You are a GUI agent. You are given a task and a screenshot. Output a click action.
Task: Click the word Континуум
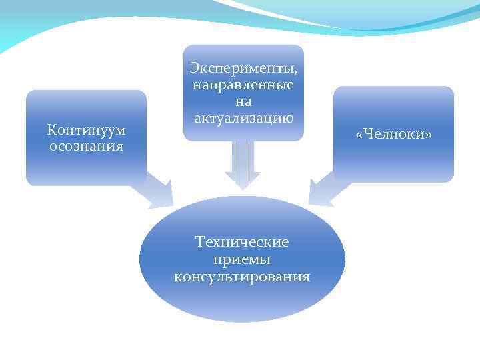coord(86,129)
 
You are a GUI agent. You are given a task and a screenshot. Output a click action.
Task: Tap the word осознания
coord(86,145)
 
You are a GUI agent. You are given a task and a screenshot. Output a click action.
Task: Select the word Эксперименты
coord(242,69)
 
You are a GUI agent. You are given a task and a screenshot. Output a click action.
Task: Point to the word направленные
coord(243,85)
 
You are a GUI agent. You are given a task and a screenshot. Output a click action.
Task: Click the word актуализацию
coord(243,118)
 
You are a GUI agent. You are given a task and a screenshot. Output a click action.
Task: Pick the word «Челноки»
coord(394,135)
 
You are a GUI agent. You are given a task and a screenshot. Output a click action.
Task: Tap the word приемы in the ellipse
coord(243,259)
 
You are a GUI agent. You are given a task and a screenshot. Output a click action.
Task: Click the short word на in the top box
coord(243,102)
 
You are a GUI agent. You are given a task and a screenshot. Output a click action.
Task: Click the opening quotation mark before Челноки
coord(359,135)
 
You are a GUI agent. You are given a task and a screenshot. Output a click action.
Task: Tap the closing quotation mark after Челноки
coord(429,135)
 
